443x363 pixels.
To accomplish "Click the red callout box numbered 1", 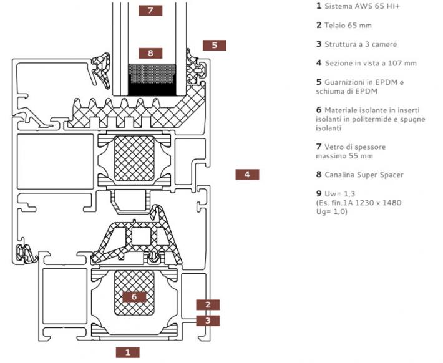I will point(127,352).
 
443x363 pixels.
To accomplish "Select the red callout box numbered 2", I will point(208,305).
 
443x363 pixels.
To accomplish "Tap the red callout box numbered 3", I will point(208,321).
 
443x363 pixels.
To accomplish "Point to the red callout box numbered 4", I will point(247,175).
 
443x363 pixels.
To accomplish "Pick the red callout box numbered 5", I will point(214,45).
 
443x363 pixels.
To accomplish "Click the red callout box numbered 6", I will point(134,297).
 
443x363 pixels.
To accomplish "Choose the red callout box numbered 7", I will point(150,11).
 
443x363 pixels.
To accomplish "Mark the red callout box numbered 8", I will point(150,53).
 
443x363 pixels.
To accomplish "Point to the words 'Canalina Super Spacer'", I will point(363,175).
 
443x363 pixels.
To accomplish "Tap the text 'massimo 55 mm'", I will point(344,156).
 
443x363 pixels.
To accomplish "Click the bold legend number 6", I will point(319,110).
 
